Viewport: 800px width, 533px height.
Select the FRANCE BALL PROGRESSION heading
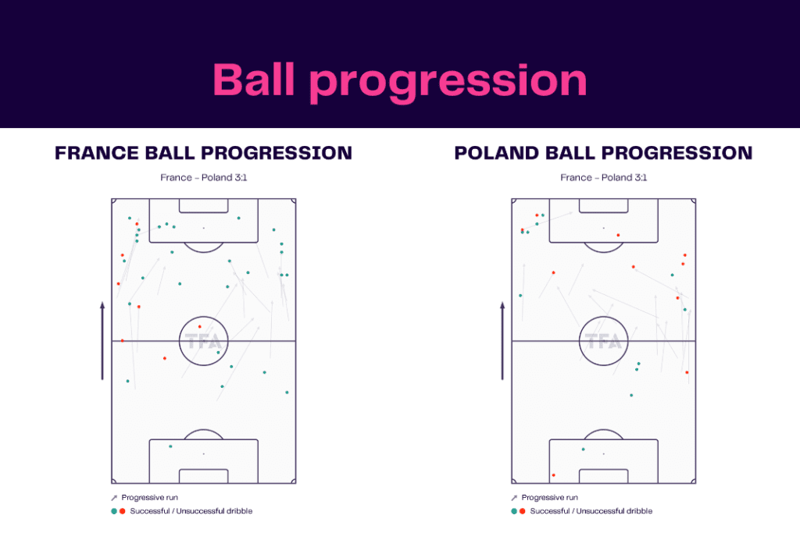[x=203, y=153]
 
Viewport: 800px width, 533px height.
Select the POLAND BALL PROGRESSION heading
[x=603, y=153]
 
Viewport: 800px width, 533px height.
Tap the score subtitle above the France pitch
[x=203, y=178]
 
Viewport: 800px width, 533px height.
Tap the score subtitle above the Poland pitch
[x=603, y=178]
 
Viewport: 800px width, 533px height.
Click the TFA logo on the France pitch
[x=203, y=342]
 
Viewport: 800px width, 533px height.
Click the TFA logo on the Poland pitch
[x=603, y=342]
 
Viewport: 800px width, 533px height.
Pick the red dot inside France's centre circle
[x=199, y=327]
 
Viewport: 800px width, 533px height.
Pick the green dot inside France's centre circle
[x=218, y=353]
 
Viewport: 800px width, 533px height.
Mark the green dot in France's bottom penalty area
[x=170, y=446]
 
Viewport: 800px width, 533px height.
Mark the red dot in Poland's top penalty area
[x=618, y=235]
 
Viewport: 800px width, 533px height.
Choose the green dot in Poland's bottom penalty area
[x=583, y=449]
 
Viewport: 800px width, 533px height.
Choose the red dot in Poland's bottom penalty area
[x=553, y=474]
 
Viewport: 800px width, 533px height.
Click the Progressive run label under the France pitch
[x=154, y=497]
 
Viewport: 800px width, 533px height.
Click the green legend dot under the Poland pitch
[x=514, y=511]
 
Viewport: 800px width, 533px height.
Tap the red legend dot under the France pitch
[x=123, y=511]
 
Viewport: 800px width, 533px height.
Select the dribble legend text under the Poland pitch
[x=591, y=511]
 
